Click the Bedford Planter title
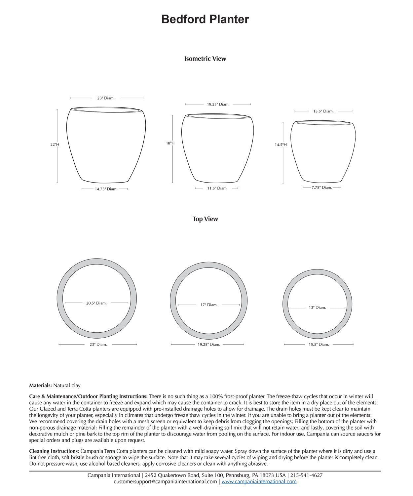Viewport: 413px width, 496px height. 205,19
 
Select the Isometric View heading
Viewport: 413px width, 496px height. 205,59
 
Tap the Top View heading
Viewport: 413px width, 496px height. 205,219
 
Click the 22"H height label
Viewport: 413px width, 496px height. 55,145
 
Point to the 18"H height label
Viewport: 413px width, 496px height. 170,143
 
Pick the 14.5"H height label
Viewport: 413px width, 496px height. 281,145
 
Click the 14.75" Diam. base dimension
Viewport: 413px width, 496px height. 106,189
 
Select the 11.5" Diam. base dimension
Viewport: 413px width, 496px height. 217,188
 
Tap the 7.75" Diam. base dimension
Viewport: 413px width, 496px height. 321,187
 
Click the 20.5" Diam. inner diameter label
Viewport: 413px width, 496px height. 96,303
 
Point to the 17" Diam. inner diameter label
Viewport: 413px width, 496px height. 209,305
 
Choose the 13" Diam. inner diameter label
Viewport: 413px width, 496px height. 317,308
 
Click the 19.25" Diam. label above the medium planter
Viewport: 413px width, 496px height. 218,104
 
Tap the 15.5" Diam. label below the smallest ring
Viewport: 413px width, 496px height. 319,345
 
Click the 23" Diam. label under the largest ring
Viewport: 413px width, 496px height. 98,345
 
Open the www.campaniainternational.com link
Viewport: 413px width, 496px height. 259,482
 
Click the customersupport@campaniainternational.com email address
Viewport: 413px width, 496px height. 165,482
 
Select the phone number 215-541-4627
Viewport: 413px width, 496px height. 306,475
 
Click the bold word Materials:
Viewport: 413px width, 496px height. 40,386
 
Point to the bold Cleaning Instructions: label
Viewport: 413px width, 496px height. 54,451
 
